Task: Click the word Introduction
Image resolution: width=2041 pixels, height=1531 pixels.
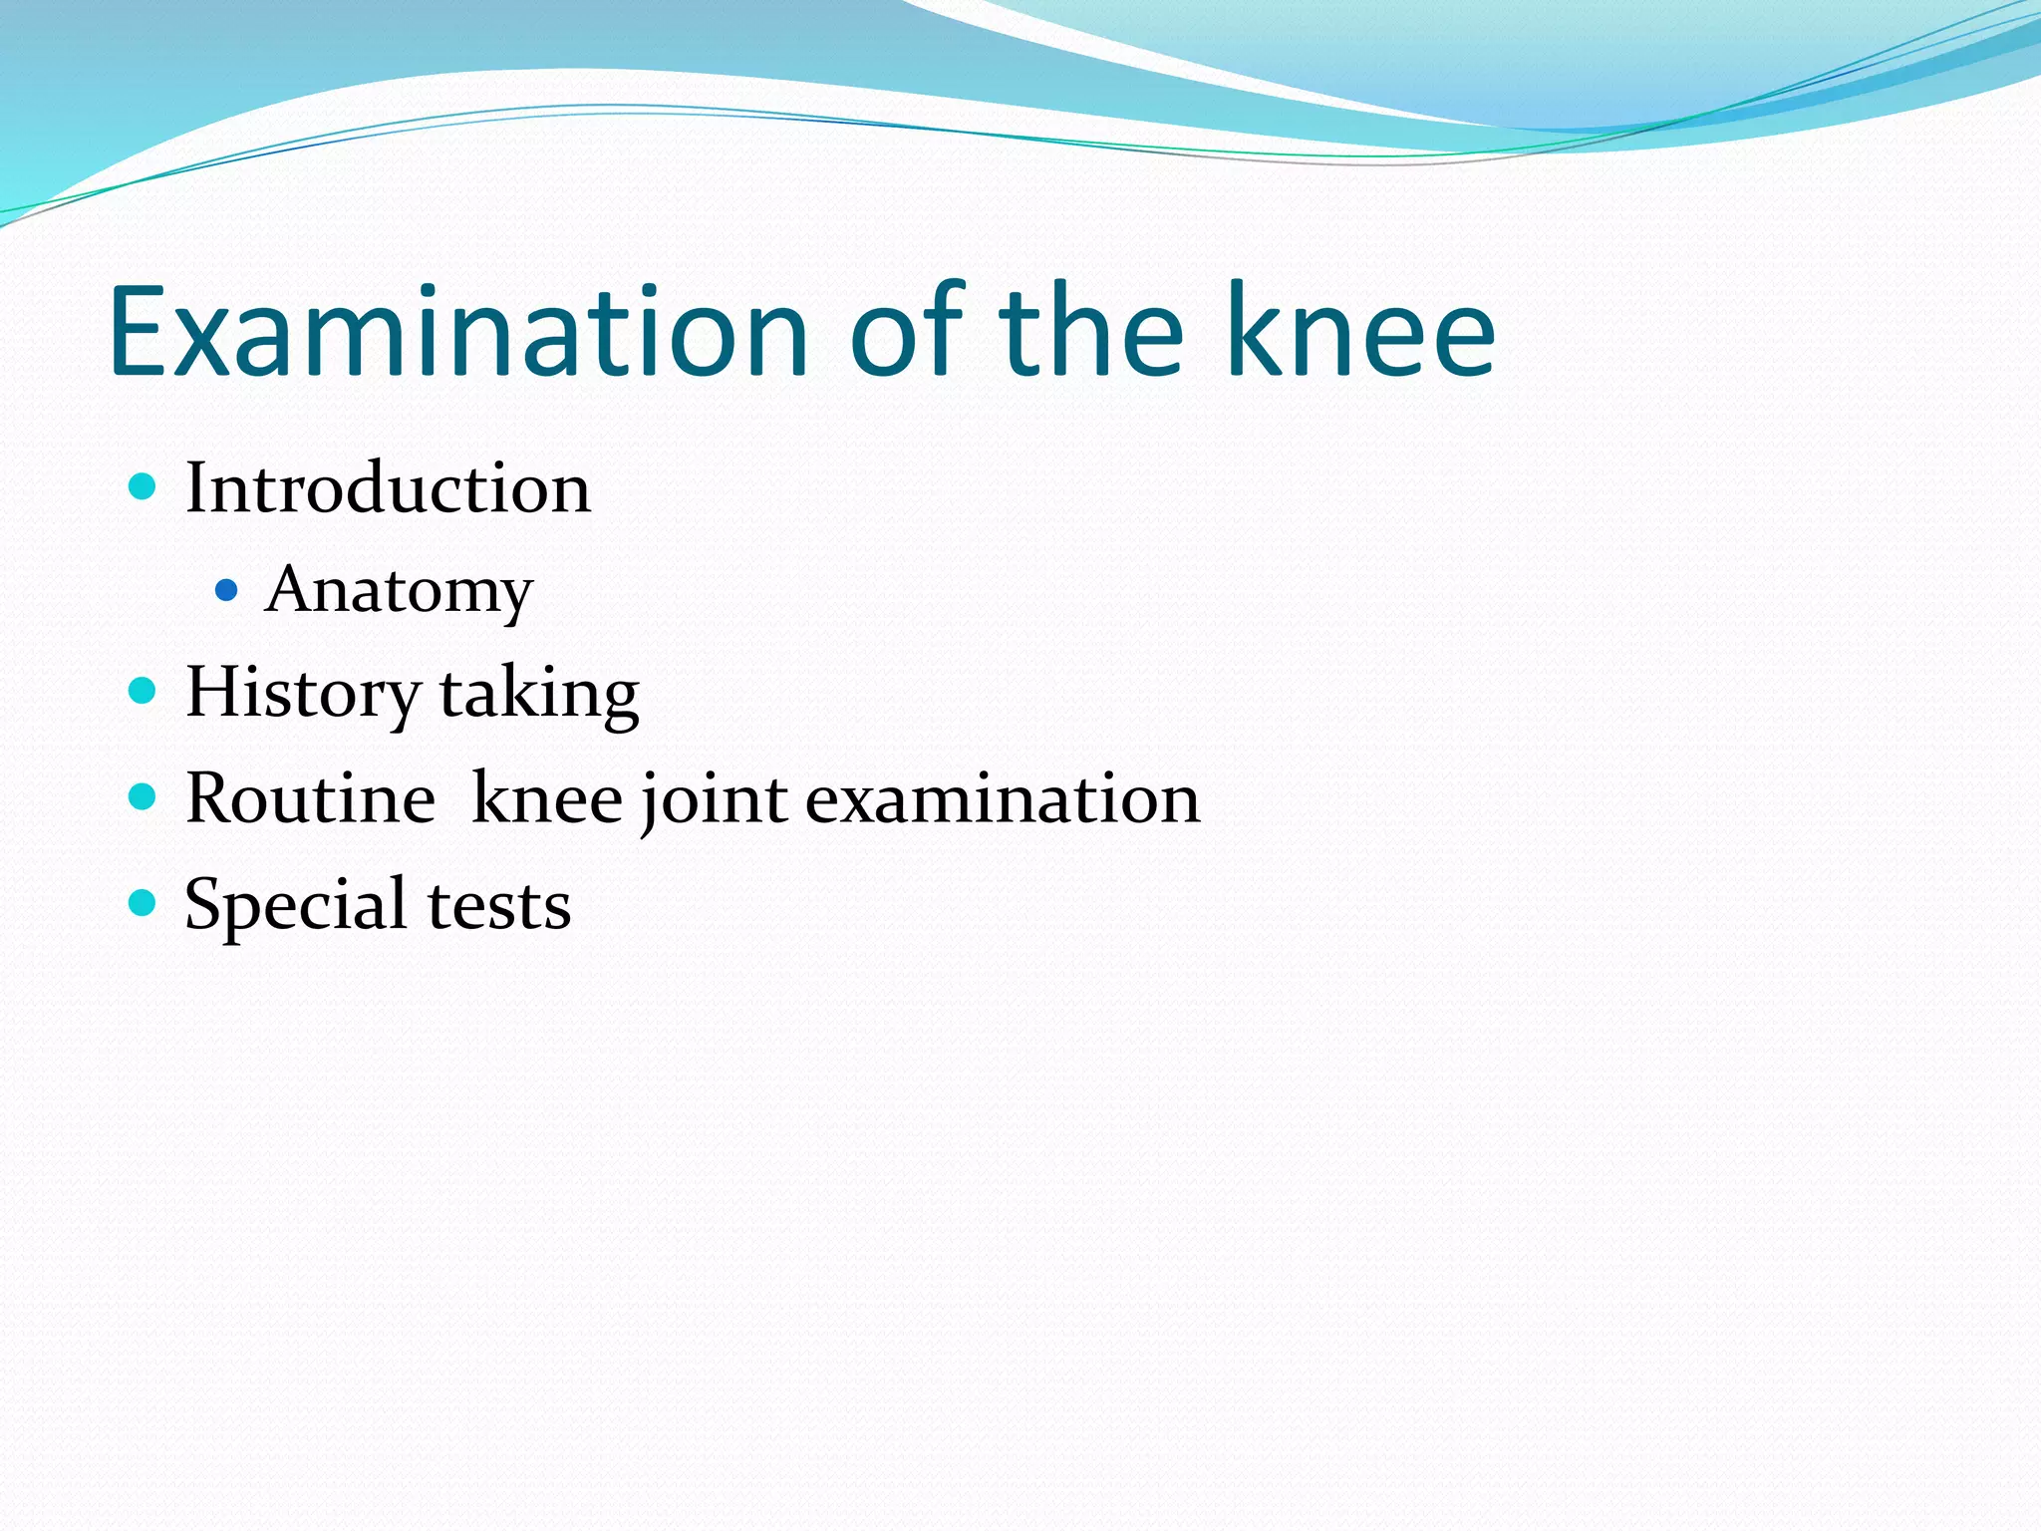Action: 388,488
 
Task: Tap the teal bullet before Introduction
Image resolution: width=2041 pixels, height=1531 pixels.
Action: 144,487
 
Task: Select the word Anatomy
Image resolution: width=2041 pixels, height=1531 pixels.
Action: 399,591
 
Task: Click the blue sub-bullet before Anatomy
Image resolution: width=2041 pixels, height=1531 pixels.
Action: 226,591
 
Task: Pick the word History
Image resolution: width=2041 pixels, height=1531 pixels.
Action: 303,694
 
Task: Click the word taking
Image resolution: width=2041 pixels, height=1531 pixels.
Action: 539,694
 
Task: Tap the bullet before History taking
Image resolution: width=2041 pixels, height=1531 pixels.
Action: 144,691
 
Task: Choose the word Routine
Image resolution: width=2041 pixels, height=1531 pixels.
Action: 310,799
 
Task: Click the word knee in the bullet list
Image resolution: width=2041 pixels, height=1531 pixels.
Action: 547,799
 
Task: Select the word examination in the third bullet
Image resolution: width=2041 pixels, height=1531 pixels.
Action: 1003,799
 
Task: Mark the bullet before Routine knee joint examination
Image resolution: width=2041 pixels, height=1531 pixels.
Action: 144,796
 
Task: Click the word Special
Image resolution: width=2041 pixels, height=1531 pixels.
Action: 295,906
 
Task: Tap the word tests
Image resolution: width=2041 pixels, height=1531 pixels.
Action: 499,906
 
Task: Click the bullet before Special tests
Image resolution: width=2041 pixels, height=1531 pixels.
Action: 144,903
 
